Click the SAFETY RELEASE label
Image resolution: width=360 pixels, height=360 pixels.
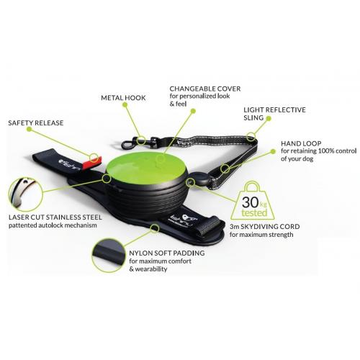[36, 123]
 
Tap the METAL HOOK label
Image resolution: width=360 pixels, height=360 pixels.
[123, 98]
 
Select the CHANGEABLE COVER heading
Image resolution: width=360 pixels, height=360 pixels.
[205, 89]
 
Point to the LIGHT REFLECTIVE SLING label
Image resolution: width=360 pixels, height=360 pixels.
[274, 114]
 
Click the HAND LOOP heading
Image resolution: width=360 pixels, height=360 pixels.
[301, 143]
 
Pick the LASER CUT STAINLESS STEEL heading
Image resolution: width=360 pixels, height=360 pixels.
[55, 217]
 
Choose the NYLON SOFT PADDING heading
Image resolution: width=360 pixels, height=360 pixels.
[167, 253]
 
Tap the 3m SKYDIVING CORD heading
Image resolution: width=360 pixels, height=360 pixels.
[264, 227]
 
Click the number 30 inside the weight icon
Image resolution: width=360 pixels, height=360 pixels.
[250, 202]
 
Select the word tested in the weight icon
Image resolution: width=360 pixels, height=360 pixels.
[254, 213]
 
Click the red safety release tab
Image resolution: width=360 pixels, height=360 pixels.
[92, 163]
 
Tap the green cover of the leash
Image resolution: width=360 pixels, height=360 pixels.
[146, 167]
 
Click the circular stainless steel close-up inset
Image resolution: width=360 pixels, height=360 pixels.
[25, 194]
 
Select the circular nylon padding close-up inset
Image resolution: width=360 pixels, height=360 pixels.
[109, 256]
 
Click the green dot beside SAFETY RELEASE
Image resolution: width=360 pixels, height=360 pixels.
[29, 129]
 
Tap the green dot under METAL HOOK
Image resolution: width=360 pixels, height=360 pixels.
[125, 104]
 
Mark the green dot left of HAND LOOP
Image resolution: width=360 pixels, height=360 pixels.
[273, 151]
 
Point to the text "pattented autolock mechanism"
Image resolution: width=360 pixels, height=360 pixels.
[53, 225]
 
